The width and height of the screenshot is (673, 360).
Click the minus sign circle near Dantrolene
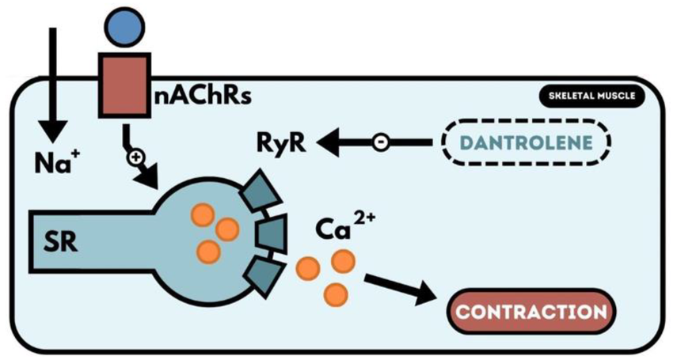pos(381,143)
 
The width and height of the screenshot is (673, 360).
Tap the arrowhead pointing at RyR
pos(328,143)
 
